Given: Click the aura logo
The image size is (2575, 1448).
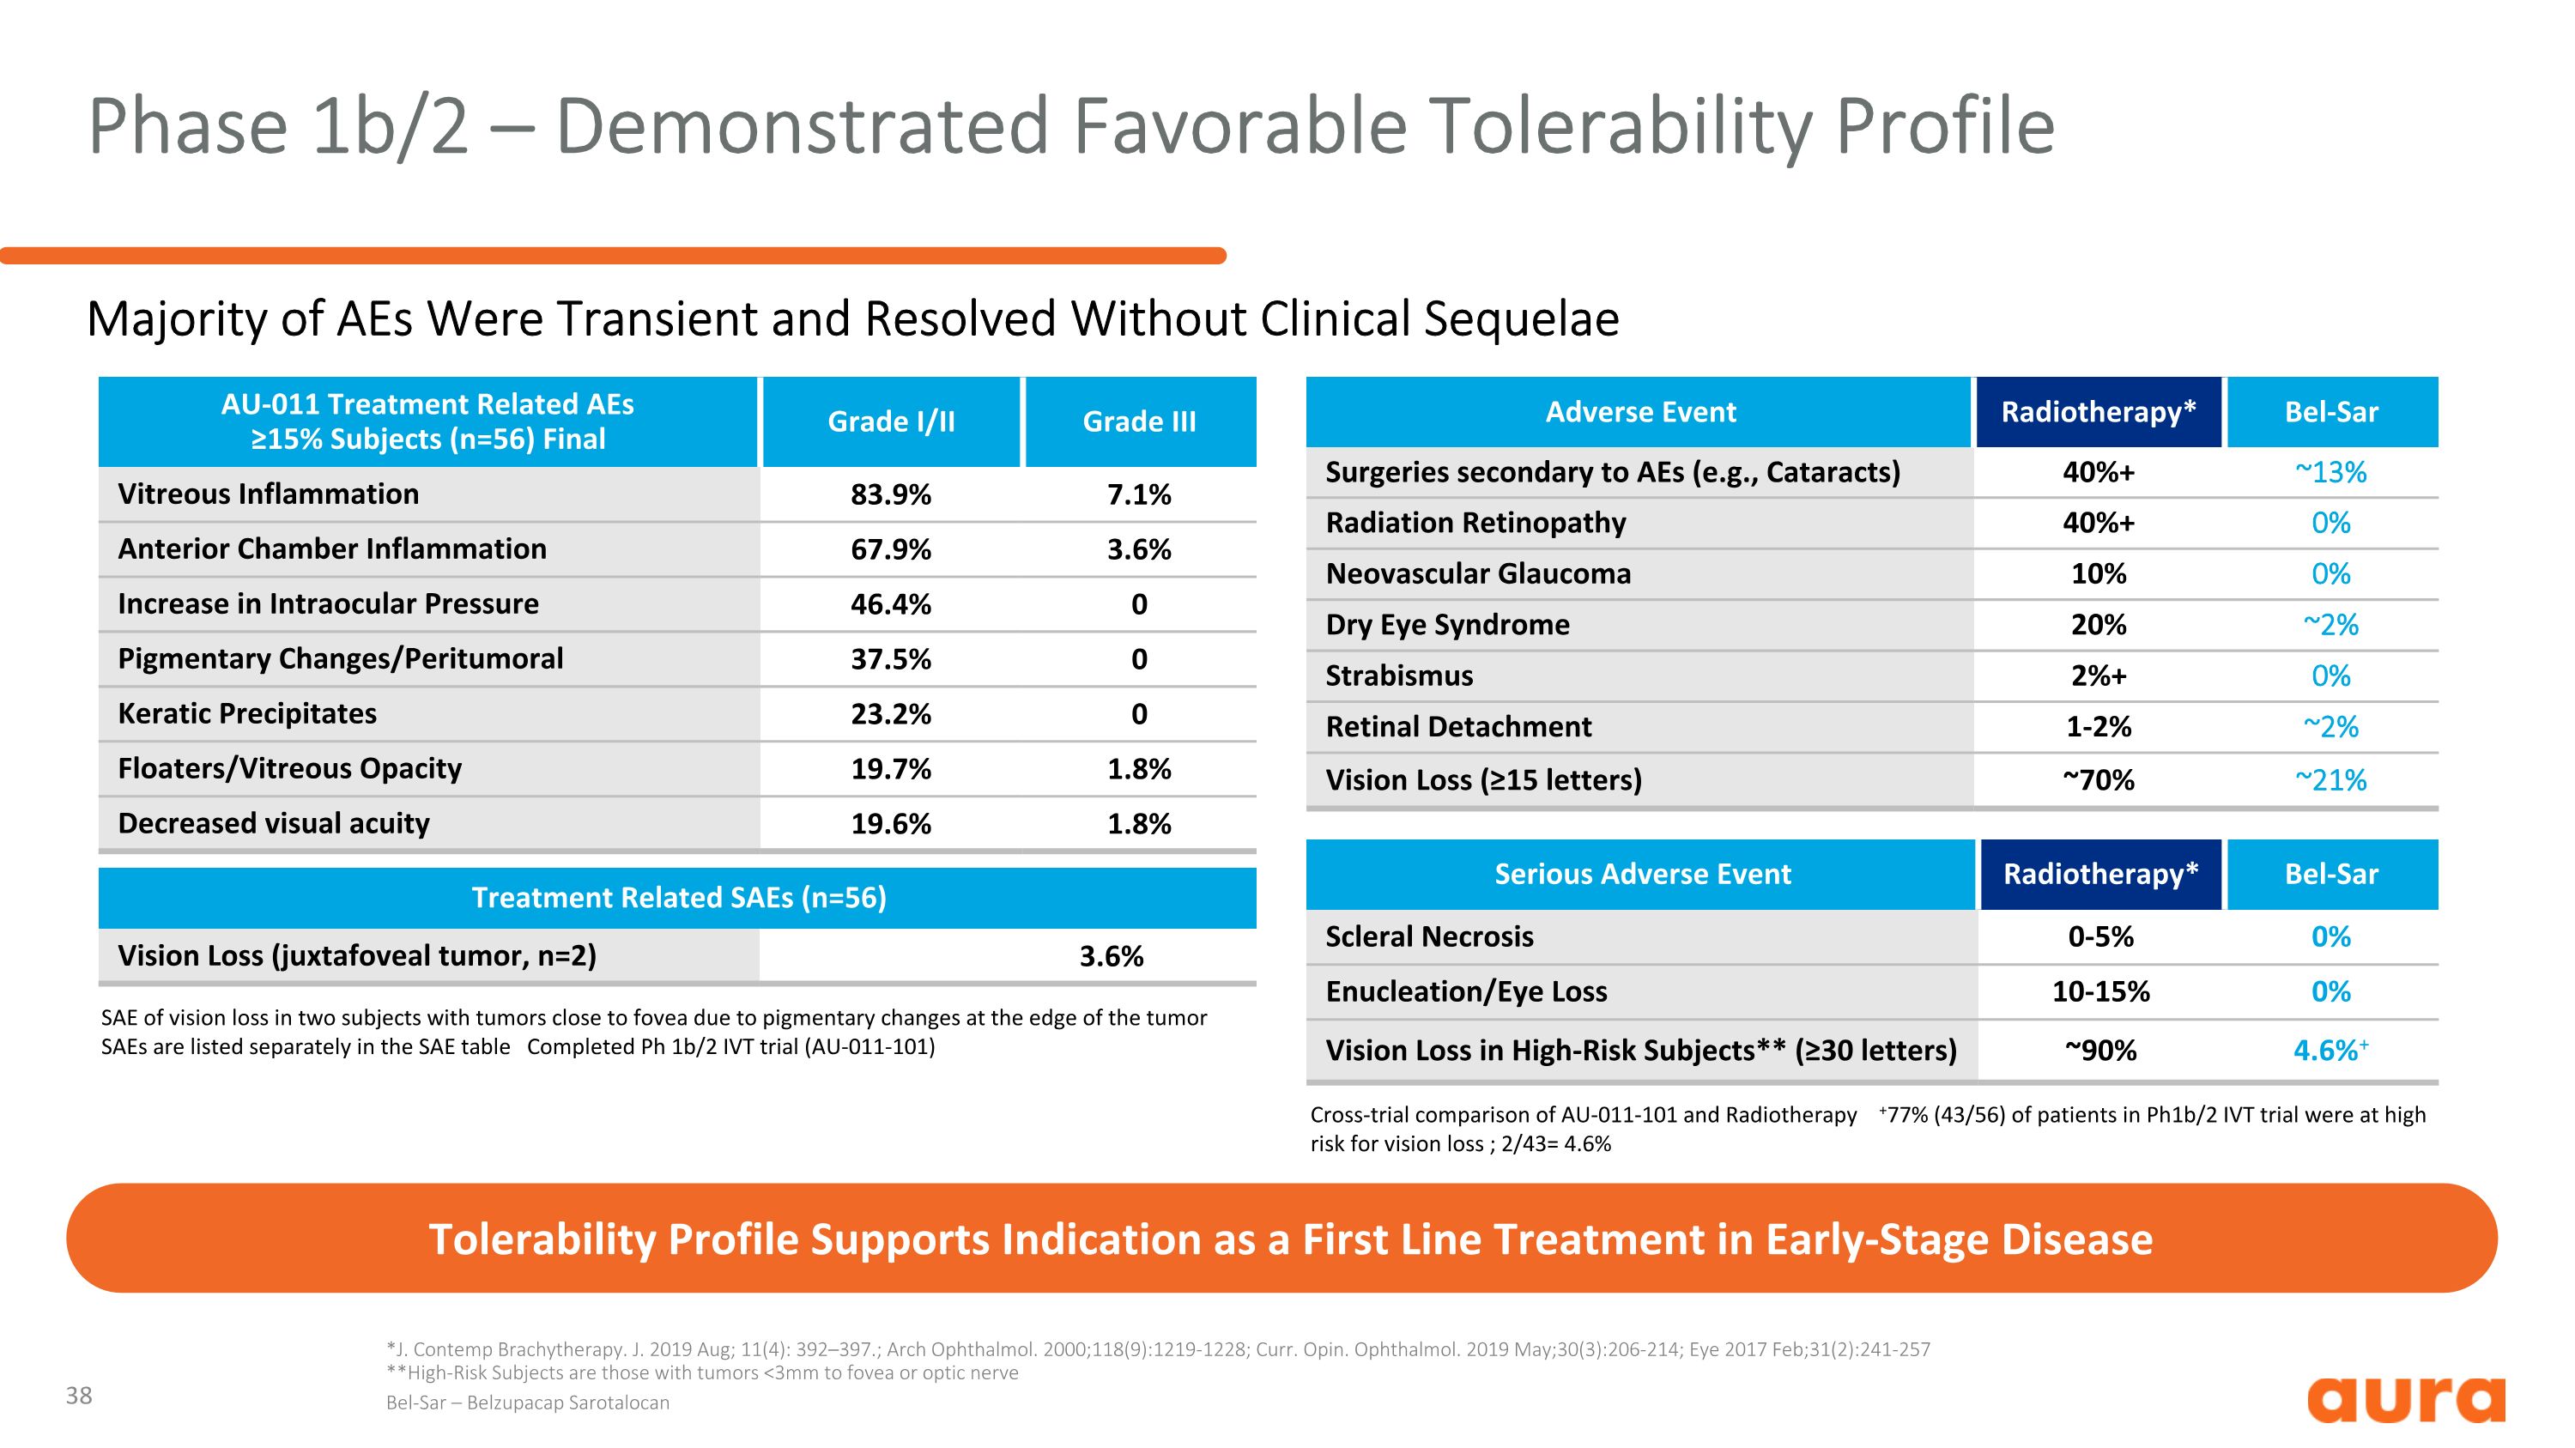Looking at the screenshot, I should (x=2405, y=1398).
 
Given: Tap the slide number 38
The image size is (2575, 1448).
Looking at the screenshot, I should (x=79, y=1396).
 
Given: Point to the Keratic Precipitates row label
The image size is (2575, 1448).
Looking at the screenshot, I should (x=247, y=713).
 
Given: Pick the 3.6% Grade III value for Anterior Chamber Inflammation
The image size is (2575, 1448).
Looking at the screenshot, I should (x=1138, y=549).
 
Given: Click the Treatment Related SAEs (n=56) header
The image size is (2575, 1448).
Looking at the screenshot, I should (x=678, y=897).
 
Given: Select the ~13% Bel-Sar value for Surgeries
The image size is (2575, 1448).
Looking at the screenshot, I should (x=2330, y=472).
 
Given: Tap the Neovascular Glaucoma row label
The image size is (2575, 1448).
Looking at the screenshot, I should (x=1477, y=573).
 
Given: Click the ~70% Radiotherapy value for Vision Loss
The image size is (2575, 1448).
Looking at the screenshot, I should (x=2098, y=779).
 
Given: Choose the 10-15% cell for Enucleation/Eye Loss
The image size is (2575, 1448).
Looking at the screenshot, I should (x=2100, y=991).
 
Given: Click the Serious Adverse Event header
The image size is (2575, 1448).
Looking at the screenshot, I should (x=1641, y=875).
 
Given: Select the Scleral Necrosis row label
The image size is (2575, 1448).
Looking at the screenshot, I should (x=1428, y=936).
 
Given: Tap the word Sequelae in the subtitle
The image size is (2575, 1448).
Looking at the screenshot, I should (x=1520, y=320).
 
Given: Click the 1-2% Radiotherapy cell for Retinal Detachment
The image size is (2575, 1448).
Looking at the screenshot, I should (x=2098, y=726).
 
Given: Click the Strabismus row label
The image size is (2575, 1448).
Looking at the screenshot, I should (x=1398, y=676).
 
